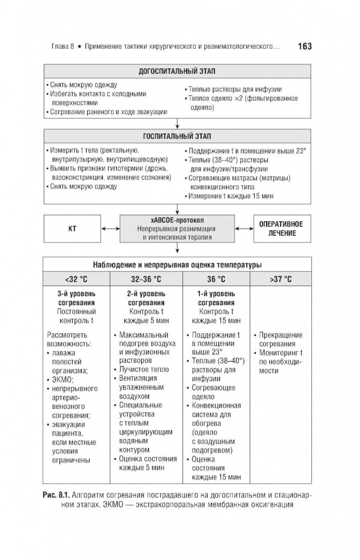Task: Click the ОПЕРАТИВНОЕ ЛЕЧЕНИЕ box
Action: pos(281,228)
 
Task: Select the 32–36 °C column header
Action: pos(146,278)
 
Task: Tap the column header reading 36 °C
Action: pos(216,278)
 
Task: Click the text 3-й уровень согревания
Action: pos(76,297)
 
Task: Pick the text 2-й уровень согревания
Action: pos(146,297)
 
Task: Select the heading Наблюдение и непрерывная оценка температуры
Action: pos(176,264)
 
